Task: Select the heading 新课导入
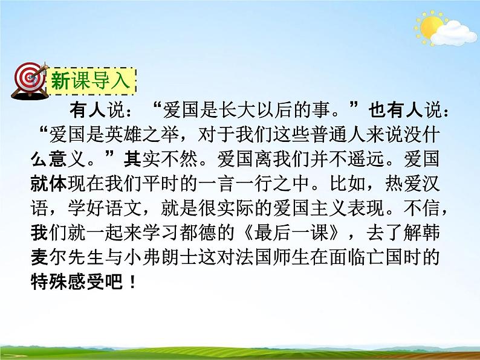coord(91,80)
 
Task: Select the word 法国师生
coord(314,257)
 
